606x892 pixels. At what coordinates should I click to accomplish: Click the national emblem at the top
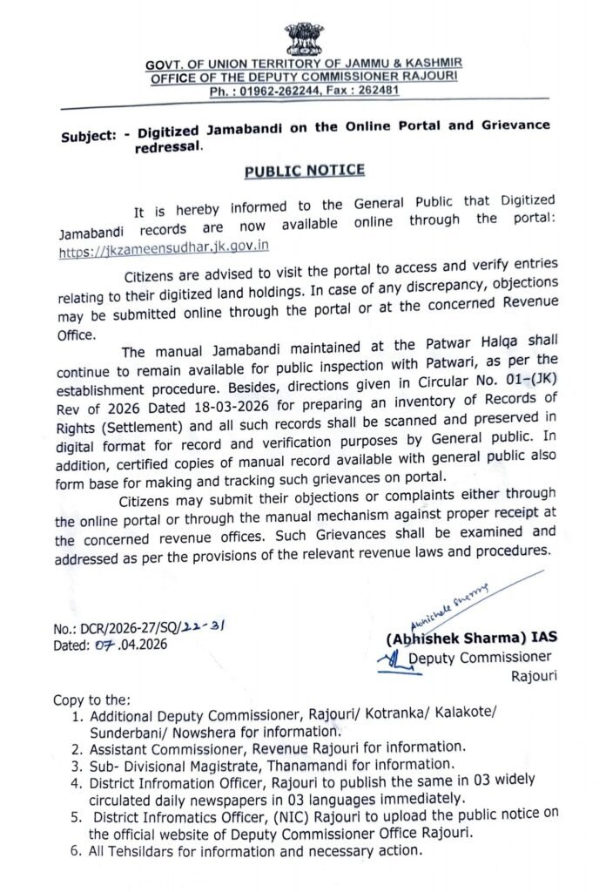(x=302, y=39)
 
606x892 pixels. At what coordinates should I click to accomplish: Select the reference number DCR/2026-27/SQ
(x=131, y=629)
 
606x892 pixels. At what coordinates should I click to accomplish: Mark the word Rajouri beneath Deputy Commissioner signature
(x=534, y=674)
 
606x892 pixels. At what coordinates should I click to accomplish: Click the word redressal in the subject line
(x=166, y=148)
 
